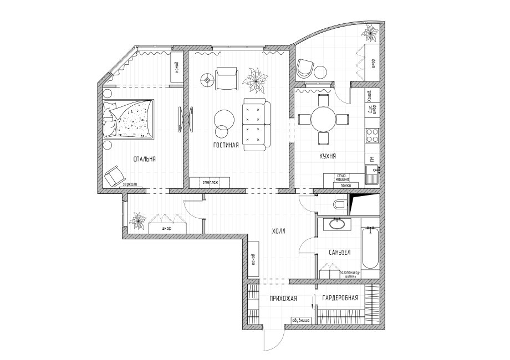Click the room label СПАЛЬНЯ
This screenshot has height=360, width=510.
tap(144, 159)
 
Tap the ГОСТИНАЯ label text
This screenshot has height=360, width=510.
tap(226, 146)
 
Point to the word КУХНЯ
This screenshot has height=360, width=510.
tap(328, 157)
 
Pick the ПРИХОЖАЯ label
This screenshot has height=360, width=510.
tap(283, 298)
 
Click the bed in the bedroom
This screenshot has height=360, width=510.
tap(129, 119)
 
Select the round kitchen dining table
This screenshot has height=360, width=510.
tap(323, 119)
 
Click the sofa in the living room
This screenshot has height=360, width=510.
tap(255, 123)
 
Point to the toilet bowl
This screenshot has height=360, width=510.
tap(339, 205)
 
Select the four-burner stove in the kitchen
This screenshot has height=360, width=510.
tap(371, 133)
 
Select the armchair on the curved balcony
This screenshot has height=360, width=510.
tap(304, 68)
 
